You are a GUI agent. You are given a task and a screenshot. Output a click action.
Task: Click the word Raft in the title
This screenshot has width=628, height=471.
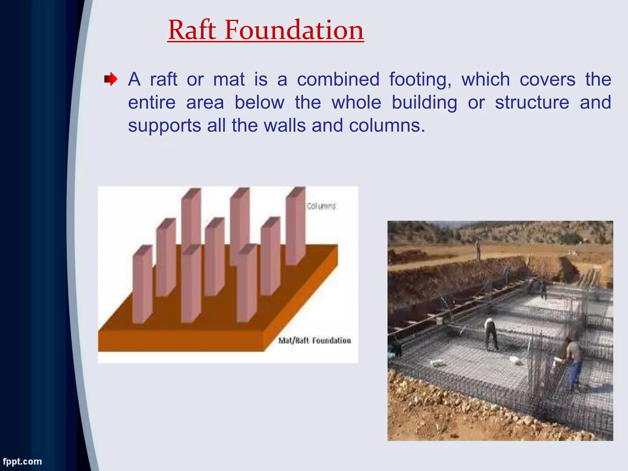[x=192, y=30]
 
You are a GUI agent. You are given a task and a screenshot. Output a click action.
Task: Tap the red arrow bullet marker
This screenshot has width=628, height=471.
[x=110, y=80]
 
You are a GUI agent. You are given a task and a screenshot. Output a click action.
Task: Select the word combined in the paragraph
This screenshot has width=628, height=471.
[x=338, y=80]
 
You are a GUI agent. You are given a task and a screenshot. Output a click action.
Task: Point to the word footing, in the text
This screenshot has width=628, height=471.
[x=420, y=80]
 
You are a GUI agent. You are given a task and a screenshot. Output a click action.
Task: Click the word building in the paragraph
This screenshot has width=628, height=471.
[x=424, y=103]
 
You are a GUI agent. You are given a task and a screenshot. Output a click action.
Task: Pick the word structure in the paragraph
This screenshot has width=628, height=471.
[x=532, y=103]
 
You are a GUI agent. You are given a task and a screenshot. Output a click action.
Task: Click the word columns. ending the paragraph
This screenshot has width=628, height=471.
[x=387, y=126]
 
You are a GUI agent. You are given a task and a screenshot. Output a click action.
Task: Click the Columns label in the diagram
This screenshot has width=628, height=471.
[x=321, y=206]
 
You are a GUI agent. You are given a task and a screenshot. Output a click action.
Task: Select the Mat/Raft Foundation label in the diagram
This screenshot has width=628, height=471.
[x=314, y=341]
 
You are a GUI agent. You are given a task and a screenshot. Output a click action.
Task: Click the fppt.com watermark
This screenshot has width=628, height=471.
[x=22, y=461]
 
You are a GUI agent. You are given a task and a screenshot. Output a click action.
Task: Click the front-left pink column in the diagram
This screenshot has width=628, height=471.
[x=142, y=285]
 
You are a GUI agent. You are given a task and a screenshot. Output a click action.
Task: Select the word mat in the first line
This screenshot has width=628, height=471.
[x=229, y=80]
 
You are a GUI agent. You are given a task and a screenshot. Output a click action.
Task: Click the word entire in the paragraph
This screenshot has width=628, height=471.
[x=151, y=103]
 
